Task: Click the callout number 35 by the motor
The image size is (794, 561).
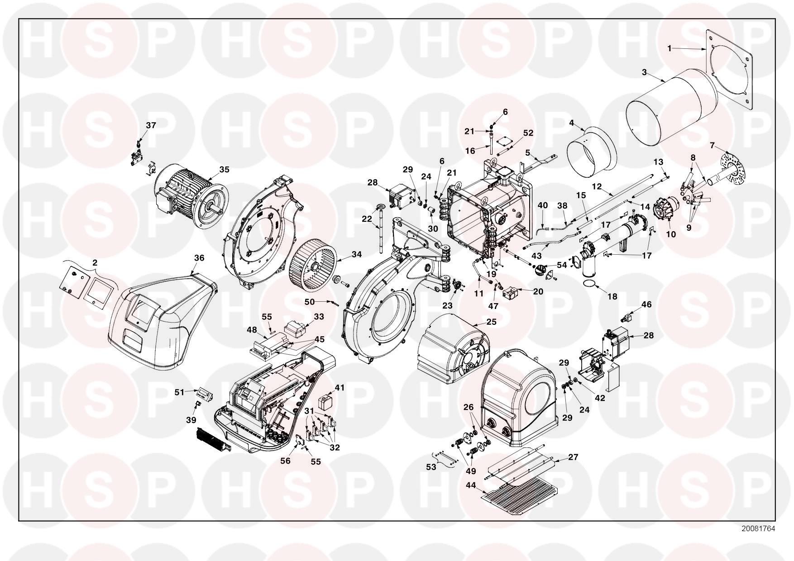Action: tap(224, 170)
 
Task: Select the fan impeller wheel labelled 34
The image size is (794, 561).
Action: tap(313, 265)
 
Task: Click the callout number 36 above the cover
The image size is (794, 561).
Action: tap(199, 258)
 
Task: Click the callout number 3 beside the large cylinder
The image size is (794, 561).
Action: tap(644, 72)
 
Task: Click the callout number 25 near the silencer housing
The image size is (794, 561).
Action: tap(492, 322)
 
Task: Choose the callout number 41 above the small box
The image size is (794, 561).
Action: tap(340, 388)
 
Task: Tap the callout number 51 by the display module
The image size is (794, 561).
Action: tap(180, 392)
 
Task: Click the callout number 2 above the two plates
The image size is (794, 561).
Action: tap(95, 263)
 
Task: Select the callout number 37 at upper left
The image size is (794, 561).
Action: tap(151, 125)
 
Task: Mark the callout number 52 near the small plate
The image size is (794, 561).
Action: tap(528, 133)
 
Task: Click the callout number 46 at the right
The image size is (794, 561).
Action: tap(646, 304)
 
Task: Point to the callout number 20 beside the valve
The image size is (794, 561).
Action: tap(538, 292)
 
